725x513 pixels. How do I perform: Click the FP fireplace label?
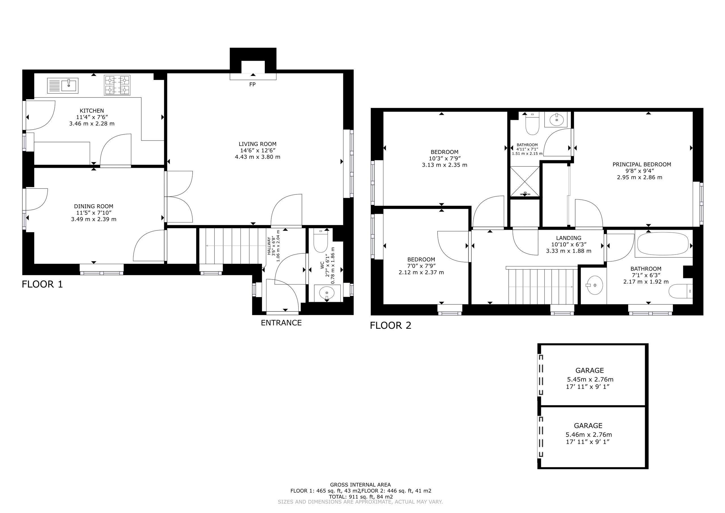coord(252,84)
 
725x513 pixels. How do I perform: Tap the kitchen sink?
coord(63,85)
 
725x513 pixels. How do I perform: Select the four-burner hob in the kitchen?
coord(117,85)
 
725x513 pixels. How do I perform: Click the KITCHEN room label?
coord(91,111)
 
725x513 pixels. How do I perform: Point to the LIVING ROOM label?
coord(257,144)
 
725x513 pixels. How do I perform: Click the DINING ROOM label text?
coord(93,206)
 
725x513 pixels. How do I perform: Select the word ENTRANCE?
coord(281,323)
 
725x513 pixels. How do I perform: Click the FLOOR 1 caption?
coord(42,284)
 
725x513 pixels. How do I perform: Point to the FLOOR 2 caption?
coord(391,325)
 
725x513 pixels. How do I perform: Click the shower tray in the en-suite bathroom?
coord(525,181)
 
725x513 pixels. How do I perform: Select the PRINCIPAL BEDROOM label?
coord(642,164)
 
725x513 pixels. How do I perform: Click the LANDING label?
coord(568,238)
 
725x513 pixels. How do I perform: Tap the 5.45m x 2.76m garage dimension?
coord(590,379)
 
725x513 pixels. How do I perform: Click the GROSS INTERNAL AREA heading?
coord(360,485)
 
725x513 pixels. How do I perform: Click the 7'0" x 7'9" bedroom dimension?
coord(421,266)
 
